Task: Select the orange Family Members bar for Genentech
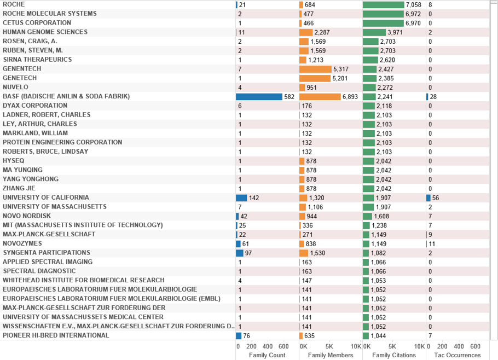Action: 315,69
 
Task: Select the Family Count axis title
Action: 267,355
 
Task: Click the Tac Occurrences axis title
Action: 458,355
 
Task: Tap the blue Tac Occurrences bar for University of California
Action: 428,198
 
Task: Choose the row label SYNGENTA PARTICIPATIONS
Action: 47,253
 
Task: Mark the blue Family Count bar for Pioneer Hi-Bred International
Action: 239,335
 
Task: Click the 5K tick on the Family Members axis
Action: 329,346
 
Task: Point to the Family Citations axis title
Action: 394,355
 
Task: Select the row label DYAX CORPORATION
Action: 35,106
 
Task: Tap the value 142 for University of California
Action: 254,198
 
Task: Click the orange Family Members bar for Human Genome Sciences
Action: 305,32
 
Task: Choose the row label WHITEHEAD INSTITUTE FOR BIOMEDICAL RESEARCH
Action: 83,280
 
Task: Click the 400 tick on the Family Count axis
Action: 268,346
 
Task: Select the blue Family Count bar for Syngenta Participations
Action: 239,253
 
